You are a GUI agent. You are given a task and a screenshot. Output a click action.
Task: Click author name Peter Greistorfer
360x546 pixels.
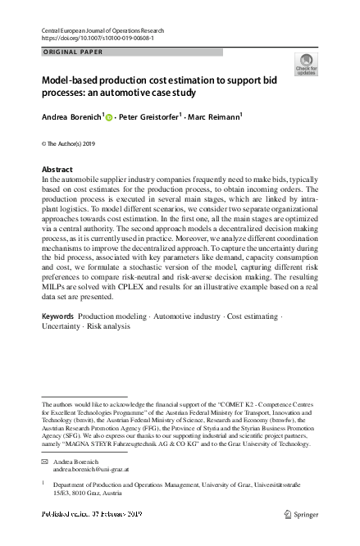(149, 118)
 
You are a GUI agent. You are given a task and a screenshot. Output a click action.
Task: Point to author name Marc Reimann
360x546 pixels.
(214, 118)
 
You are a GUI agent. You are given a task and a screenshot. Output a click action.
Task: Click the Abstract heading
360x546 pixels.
(57, 170)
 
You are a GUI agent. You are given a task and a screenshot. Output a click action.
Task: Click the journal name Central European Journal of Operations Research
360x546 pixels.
(108, 29)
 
